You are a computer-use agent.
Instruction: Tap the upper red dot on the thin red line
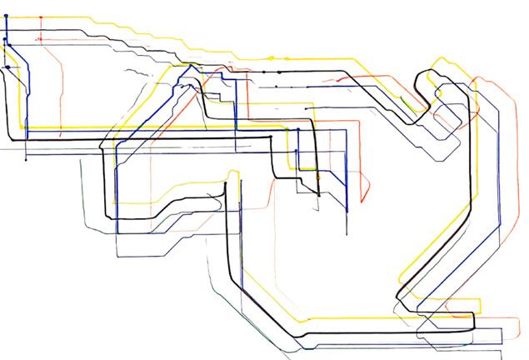(x=40, y=17)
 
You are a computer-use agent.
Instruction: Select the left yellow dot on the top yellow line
(x=272, y=57)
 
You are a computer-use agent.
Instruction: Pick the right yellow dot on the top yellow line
(x=288, y=58)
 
